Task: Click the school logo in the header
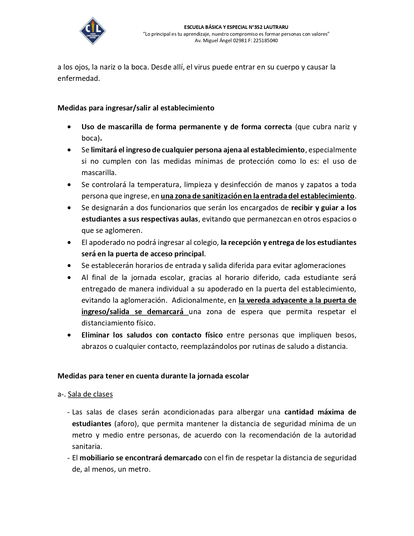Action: [x=93, y=31]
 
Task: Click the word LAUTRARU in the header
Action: [x=276, y=27]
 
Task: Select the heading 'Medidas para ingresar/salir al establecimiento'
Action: [x=136, y=108]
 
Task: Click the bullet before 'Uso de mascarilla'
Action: [x=69, y=127]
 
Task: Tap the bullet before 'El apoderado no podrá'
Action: [x=69, y=243]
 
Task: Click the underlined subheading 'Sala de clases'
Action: [x=90, y=394]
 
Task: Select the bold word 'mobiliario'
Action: [x=96, y=458]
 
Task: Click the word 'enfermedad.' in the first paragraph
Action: [x=79, y=79]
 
